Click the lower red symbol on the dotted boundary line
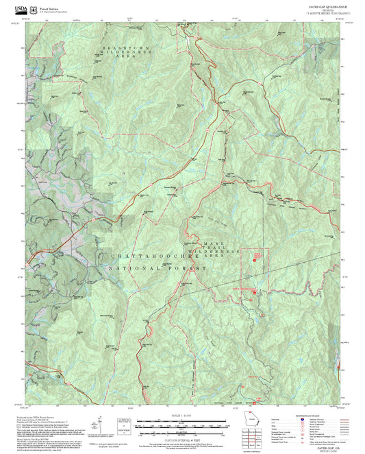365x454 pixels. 255,293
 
